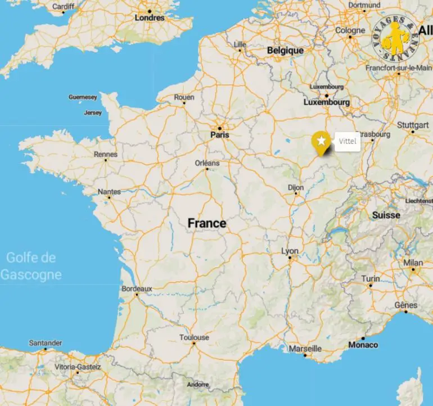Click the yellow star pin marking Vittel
tap(321, 141)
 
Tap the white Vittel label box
tap(348, 142)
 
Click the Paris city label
tap(220, 135)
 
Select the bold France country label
tap(207, 223)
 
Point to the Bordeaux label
tap(137, 288)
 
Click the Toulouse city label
tap(194, 337)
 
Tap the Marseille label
tap(305, 349)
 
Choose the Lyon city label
tap(290, 251)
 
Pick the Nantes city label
tap(109, 192)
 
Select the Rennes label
tap(106, 154)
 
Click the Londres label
tap(150, 18)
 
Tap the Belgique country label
tap(285, 51)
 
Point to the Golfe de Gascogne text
tap(31, 267)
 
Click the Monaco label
tap(363, 345)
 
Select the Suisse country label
tap(386, 215)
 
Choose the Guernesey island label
tap(83, 97)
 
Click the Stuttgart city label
tap(413, 124)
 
